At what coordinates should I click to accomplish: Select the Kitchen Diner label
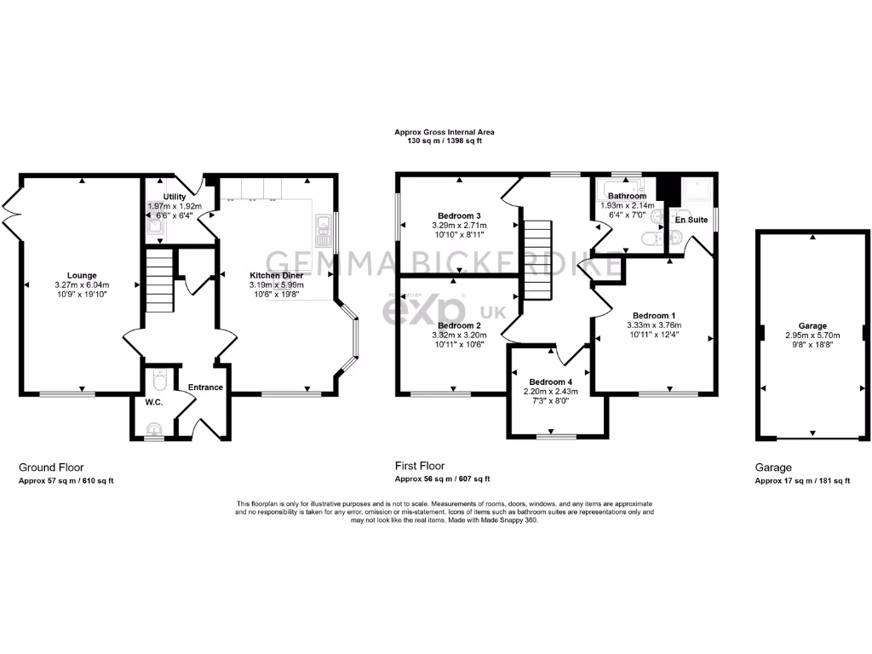point(276,275)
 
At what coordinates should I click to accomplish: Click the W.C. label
point(154,402)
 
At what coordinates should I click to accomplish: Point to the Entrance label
point(205,387)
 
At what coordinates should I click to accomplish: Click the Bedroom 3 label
point(460,215)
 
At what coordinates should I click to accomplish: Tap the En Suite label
point(691,220)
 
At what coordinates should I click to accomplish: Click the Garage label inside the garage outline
point(812,325)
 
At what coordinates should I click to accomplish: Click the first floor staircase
point(537,260)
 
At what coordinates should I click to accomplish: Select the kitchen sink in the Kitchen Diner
point(324,225)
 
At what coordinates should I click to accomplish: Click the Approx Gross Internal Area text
point(444,132)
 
